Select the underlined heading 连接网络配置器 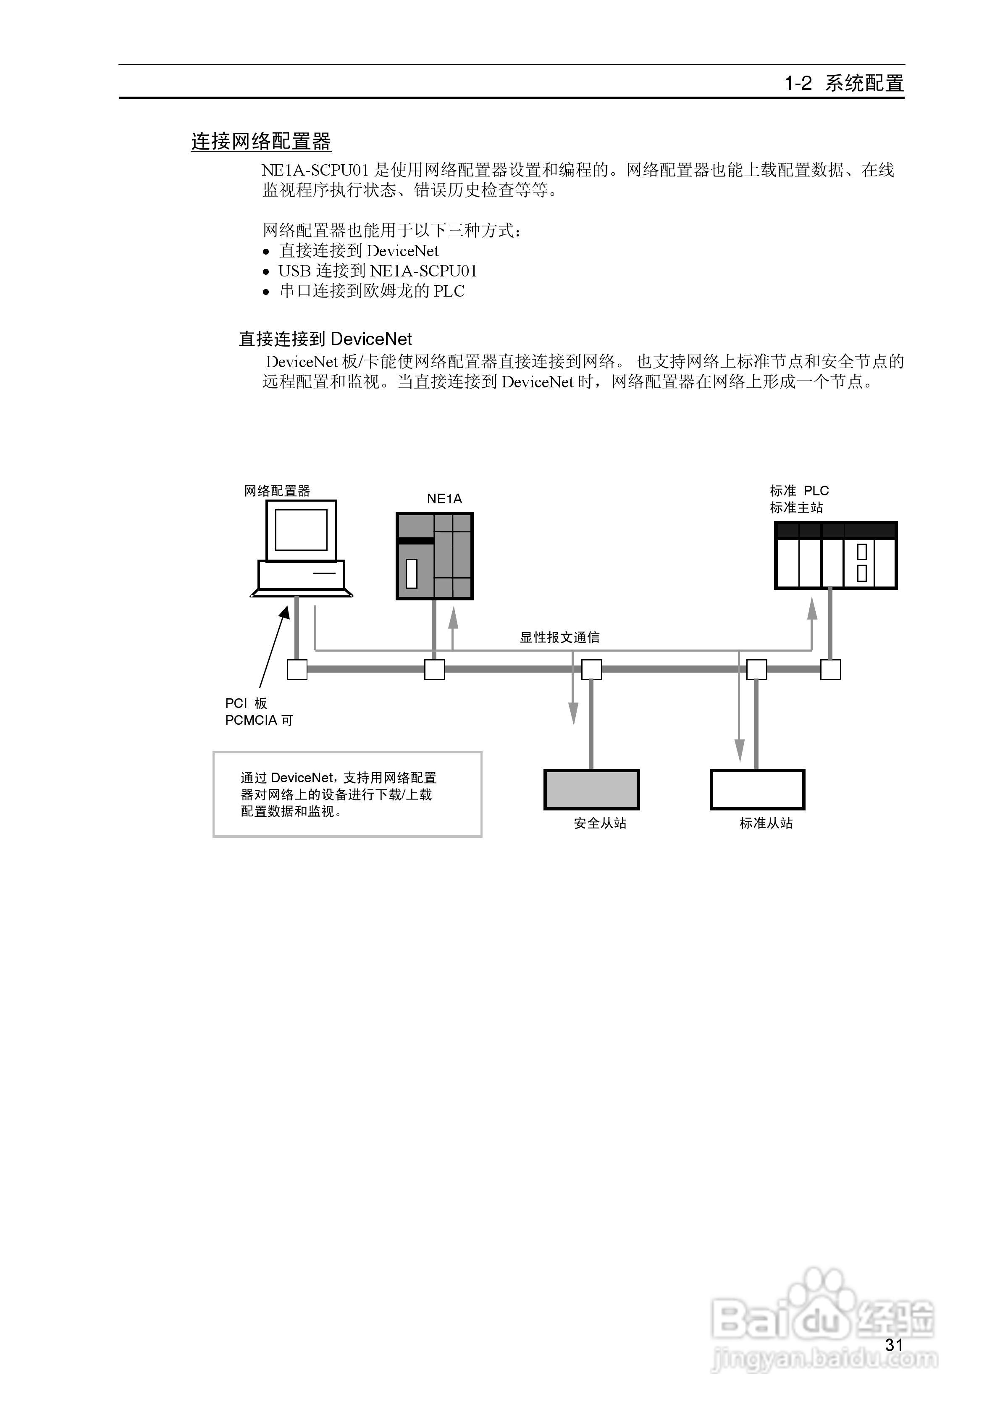[261, 142]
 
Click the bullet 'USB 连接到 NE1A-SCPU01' [378, 271]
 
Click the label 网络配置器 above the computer [277, 491]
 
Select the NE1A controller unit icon [434, 556]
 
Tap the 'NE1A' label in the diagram [444, 499]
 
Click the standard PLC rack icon [835, 555]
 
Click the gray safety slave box [591, 789]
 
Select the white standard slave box [757, 789]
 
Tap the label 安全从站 [600, 823]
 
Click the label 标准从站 [766, 823]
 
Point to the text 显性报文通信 [559, 637]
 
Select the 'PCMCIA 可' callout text [259, 721]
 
